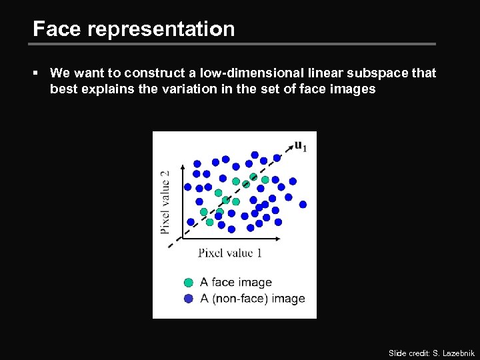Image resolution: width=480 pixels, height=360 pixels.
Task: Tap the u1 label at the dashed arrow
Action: [301, 146]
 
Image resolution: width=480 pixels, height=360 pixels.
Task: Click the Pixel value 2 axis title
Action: [165, 202]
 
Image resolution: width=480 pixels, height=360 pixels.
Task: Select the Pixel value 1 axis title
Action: [230, 253]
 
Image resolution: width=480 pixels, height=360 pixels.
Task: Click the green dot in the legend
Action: [189, 283]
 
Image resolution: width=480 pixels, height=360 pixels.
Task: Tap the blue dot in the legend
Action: [189, 299]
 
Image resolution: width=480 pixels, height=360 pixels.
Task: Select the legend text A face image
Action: [236, 283]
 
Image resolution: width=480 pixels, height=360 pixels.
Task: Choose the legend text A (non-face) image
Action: [252, 299]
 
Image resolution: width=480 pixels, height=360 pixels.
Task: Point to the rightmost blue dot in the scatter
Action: [303, 204]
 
